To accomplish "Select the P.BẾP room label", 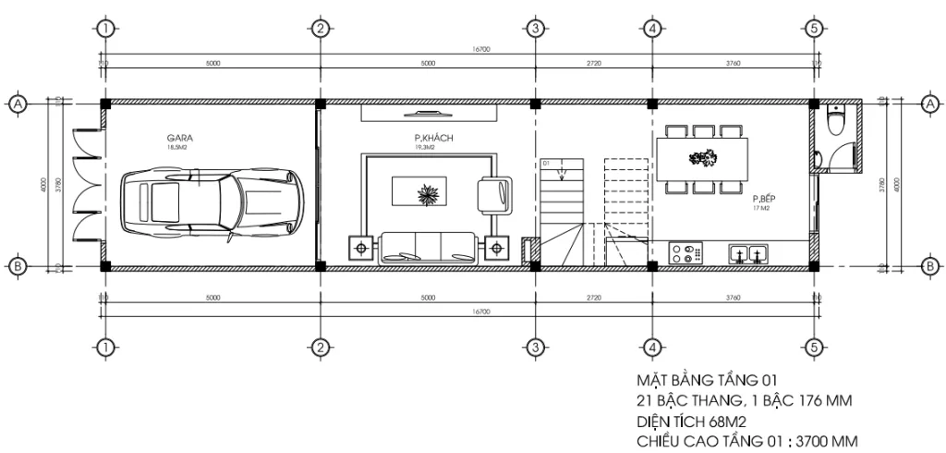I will pos(761,199).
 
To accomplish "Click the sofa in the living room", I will pos(428,247).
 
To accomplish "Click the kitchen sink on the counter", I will pos(747,252).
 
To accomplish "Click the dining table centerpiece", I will pos(702,158).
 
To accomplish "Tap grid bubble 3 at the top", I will pos(535,28).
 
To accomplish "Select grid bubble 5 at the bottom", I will pos(813,347).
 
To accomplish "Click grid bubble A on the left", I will pos(17,104).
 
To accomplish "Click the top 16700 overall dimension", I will pos(479,50).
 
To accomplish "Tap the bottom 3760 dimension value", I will pos(733,299).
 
